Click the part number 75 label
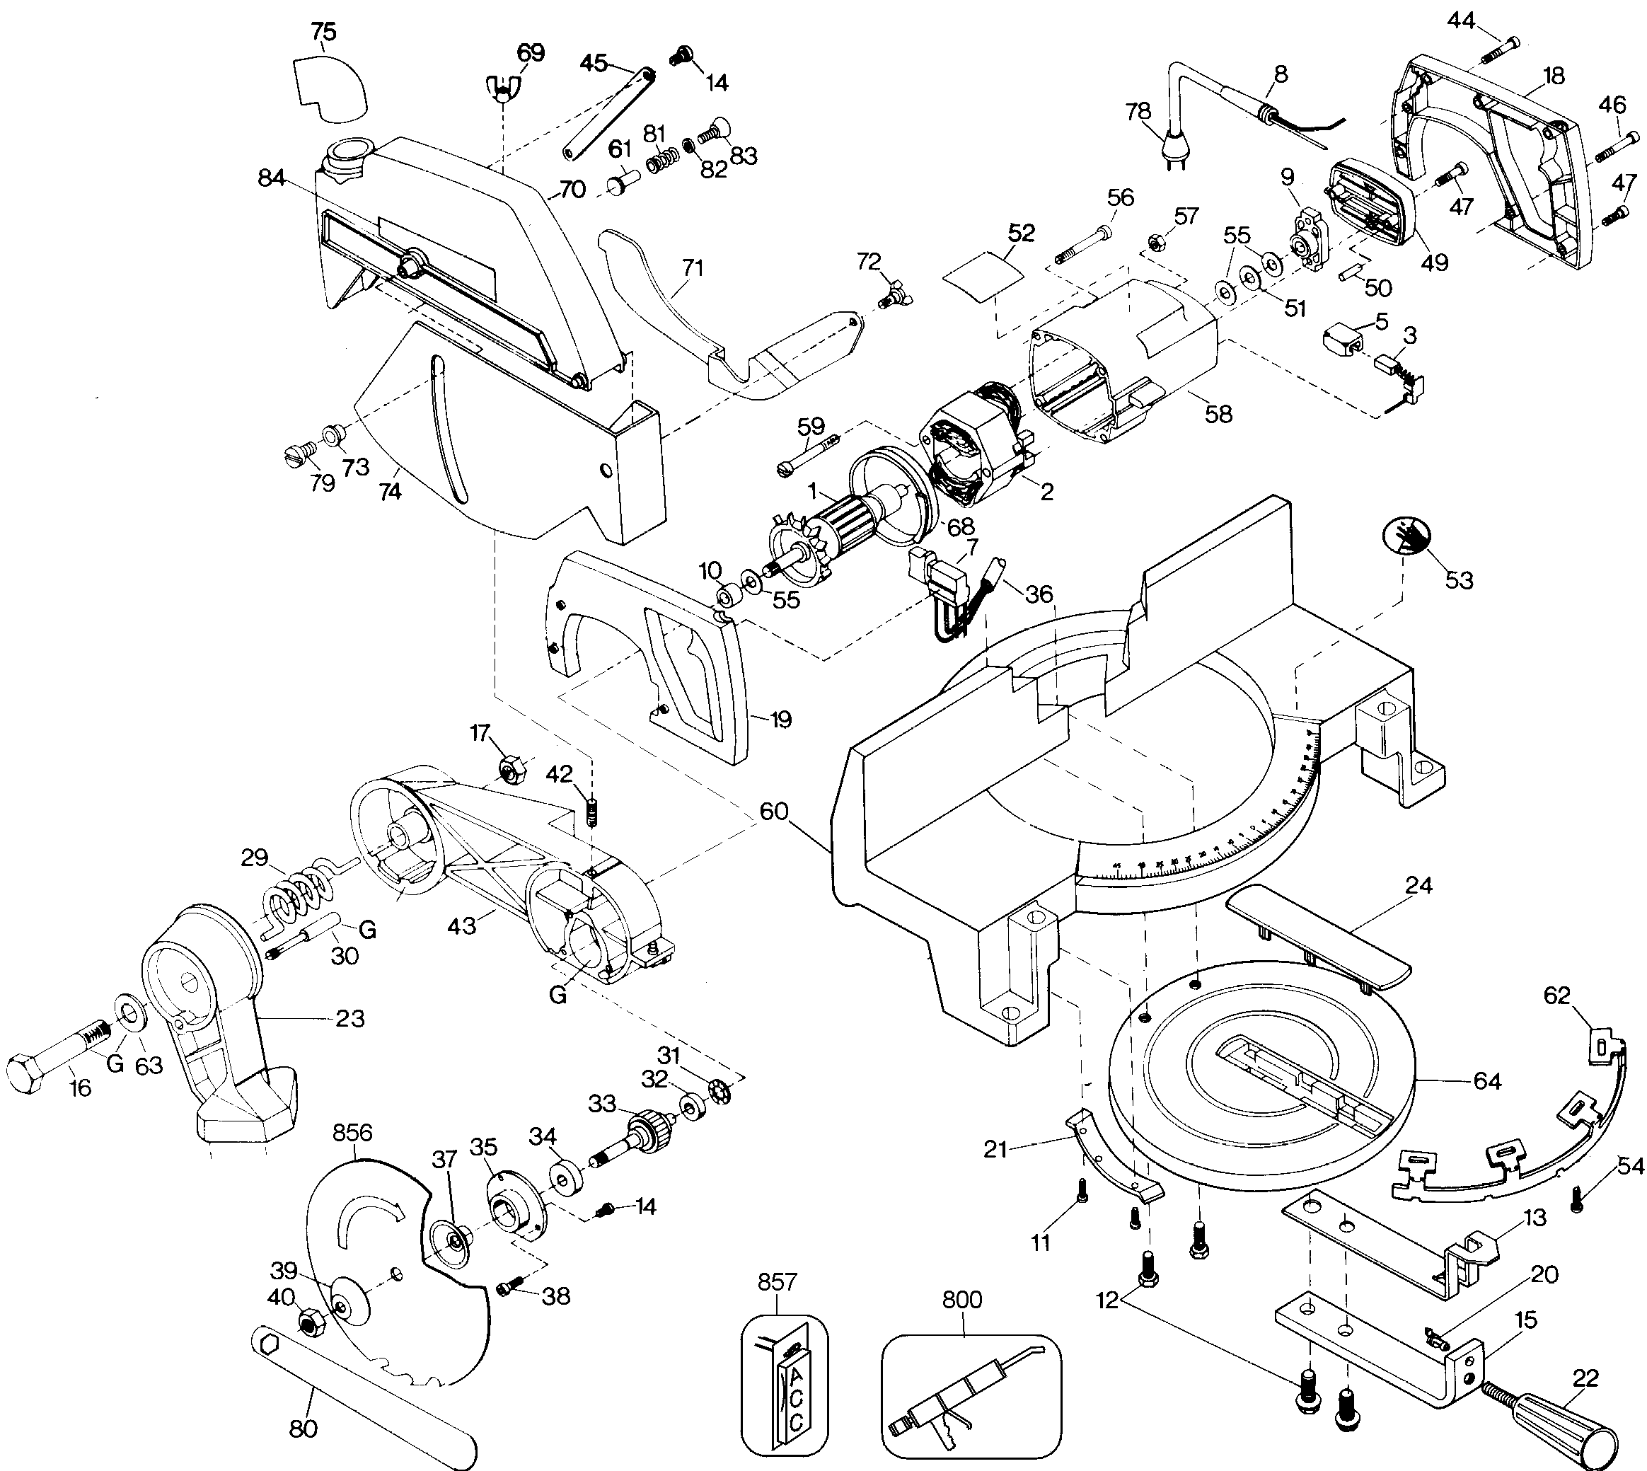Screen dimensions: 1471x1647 323,33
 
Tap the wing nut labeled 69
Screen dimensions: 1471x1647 503,86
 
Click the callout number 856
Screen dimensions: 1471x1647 352,1132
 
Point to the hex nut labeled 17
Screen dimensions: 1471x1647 510,768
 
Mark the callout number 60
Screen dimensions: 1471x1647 773,811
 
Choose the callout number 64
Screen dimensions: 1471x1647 1486,1080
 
